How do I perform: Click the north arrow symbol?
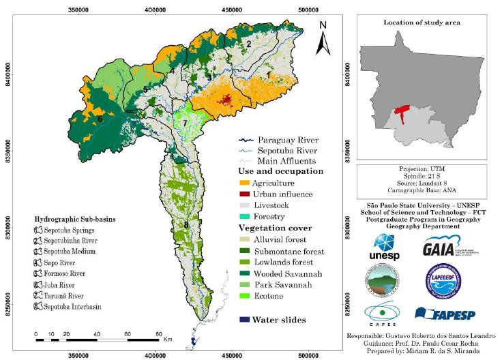[x=323, y=40]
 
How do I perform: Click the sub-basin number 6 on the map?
[x=100, y=119]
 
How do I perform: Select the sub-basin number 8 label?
[x=186, y=225]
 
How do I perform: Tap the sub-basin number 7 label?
[x=184, y=123]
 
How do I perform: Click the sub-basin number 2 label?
[x=249, y=44]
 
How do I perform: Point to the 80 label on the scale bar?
[x=159, y=333]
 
